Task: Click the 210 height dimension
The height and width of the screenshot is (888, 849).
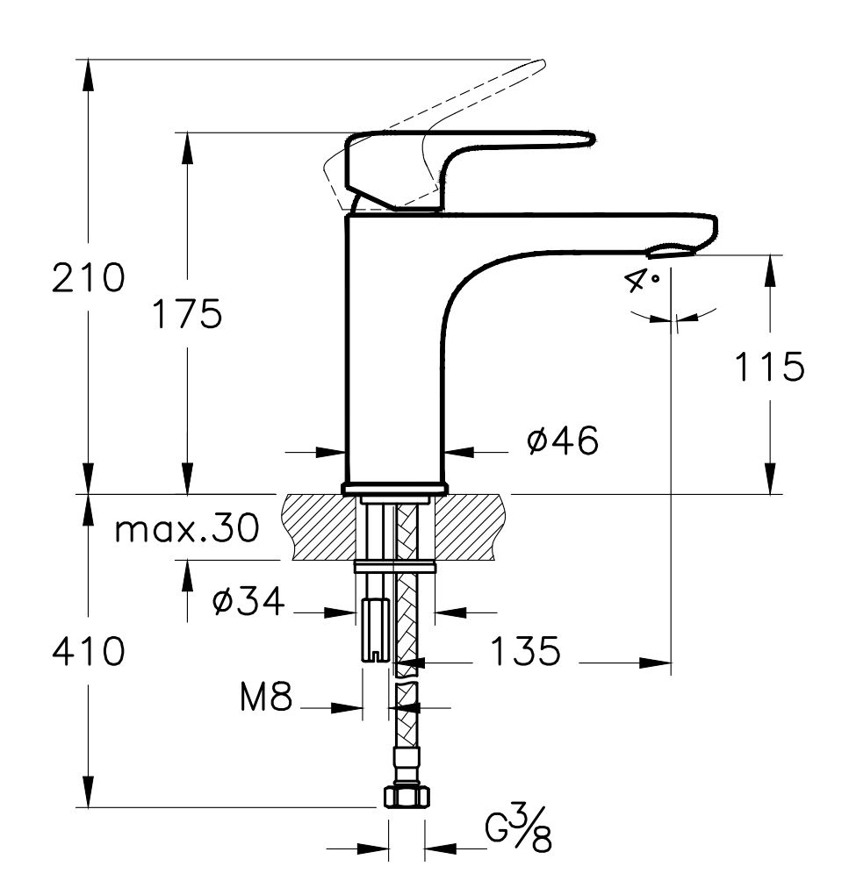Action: (88, 278)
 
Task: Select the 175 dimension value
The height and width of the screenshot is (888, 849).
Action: (186, 313)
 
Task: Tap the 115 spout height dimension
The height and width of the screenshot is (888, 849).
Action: (769, 367)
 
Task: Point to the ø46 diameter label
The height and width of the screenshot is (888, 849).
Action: (563, 441)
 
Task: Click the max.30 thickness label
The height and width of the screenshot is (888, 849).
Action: (188, 529)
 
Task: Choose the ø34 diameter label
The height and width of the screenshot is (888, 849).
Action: (248, 602)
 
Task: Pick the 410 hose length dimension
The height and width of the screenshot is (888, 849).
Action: (88, 652)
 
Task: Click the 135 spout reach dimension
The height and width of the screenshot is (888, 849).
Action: (524, 652)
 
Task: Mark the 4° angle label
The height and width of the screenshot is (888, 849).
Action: (643, 283)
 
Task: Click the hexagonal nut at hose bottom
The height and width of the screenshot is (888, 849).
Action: (407, 796)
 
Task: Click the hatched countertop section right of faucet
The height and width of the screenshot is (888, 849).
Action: (474, 526)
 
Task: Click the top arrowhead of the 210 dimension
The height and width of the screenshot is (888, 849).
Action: (88, 70)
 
